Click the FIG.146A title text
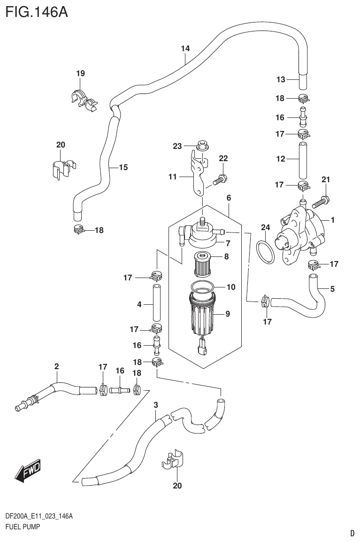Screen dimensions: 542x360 37,11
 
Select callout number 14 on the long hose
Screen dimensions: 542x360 185,48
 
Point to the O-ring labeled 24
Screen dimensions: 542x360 266,251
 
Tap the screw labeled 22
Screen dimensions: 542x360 219,179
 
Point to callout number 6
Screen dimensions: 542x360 229,198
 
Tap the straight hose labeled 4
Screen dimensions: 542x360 156,305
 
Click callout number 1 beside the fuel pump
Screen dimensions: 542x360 332,219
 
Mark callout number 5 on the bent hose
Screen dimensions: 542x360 332,289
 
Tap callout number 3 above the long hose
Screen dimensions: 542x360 156,405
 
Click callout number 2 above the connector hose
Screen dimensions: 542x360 56,366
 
